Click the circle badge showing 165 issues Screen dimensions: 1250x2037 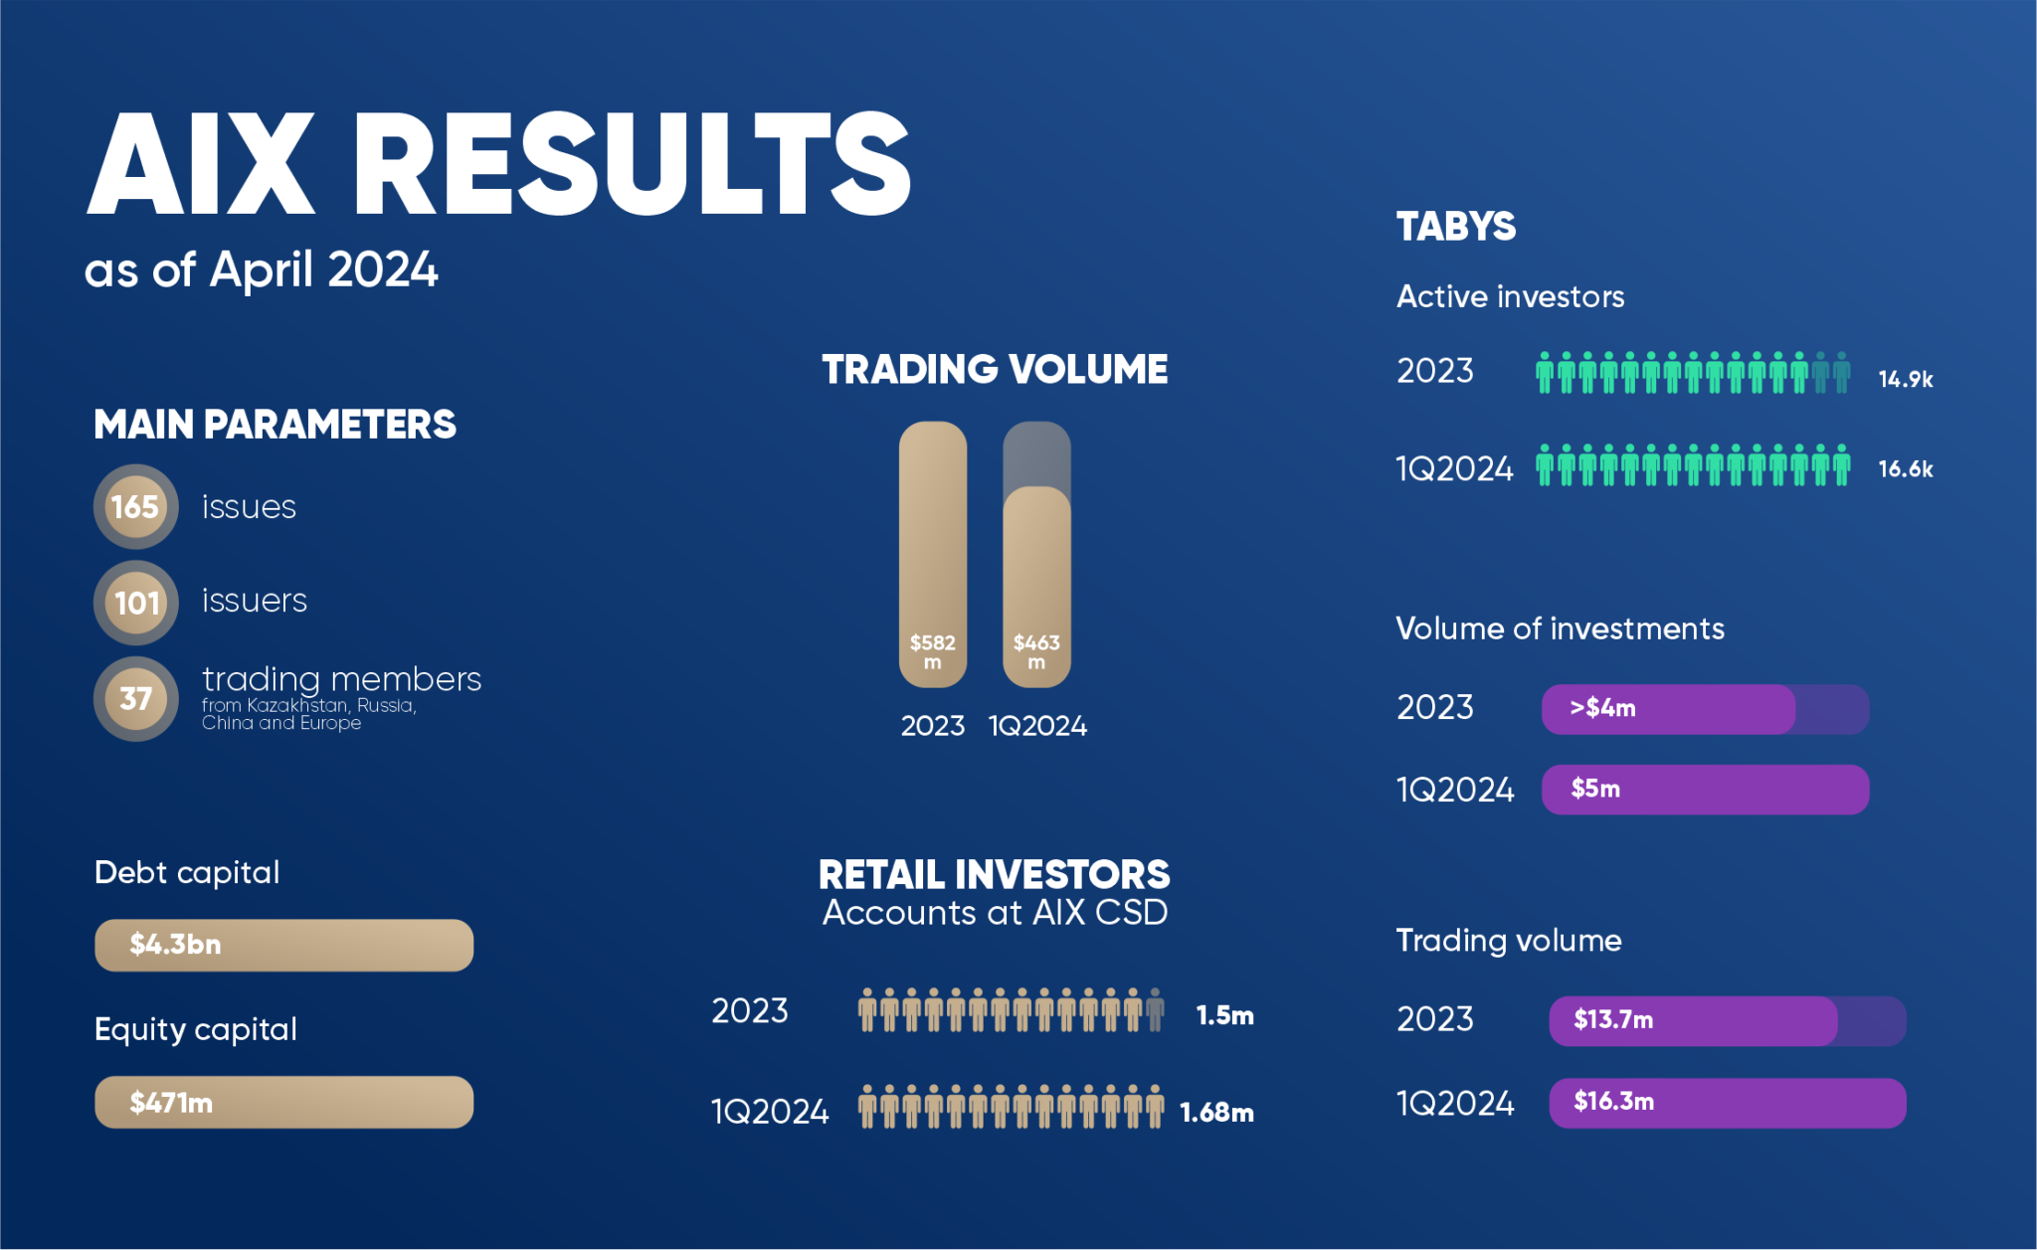[135, 507]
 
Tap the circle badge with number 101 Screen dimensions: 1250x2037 [135, 603]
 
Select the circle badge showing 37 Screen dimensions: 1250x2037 [135, 699]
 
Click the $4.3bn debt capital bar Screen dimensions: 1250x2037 [283, 945]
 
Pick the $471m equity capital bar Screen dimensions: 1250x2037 [283, 1102]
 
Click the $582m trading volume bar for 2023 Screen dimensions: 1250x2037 [933, 554]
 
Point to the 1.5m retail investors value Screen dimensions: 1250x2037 [1224, 1015]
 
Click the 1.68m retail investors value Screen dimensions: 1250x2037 [1216, 1112]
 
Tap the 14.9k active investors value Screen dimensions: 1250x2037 [1905, 379]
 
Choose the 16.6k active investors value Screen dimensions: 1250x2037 [1905, 468]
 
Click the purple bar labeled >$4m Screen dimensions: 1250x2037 [1668, 709]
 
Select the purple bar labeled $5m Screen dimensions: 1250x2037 [1705, 790]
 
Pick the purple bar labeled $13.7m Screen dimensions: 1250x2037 [1693, 1020]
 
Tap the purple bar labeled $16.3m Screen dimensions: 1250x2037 [1727, 1103]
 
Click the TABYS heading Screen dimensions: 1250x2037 [1456, 227]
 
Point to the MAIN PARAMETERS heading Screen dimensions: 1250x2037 [275, 425]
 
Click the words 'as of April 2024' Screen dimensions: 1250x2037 [261, 269]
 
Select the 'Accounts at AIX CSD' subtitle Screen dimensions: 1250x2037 [995, 913]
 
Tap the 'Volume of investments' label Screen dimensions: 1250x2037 [1560, 628]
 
